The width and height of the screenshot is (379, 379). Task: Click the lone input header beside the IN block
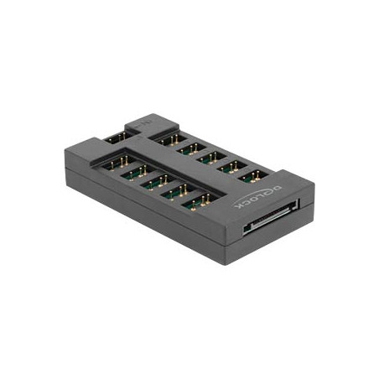[117, 136]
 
